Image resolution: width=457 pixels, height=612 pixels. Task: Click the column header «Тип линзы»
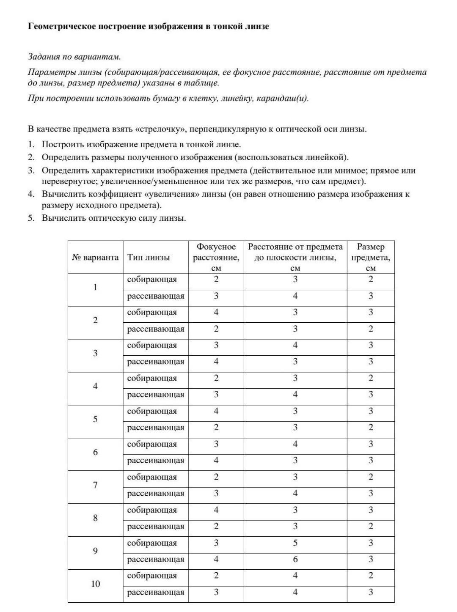pyautogui.click(x=149, y=257)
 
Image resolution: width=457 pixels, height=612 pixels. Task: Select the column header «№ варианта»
pyautogui.click(x=95, y=257)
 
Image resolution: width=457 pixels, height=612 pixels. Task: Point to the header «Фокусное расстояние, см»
pyautogui.click(x=216, y=257)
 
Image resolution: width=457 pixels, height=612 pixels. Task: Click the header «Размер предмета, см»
pyautogui.click(x=371, y=257)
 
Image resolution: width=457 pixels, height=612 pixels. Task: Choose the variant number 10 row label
pyautogui.click(x=96, y=584)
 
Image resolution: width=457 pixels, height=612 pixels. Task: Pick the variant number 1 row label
pyautogui.click(x=95, y=288)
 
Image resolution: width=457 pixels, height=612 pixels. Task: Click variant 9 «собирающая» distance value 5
pyautogui.click(x=295, y=543)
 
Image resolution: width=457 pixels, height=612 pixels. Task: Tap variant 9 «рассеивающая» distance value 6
pyautogui.click(x=295, y=560)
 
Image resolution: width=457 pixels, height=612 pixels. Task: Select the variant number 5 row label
pyautogui.click(x=95, y=419)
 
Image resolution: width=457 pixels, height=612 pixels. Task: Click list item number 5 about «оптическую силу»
pyautogui.click(x=113, y=218)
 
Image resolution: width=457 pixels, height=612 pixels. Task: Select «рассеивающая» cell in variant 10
pyautogui.click(x=156, y=592)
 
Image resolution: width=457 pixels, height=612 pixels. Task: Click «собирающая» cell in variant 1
pyautogui.click(x=152, y=280)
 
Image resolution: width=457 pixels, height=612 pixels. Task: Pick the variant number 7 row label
pyautogui.click(x=95, y=485)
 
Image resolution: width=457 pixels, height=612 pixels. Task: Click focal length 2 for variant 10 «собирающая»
pyautogui.click(x=216, y=576)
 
